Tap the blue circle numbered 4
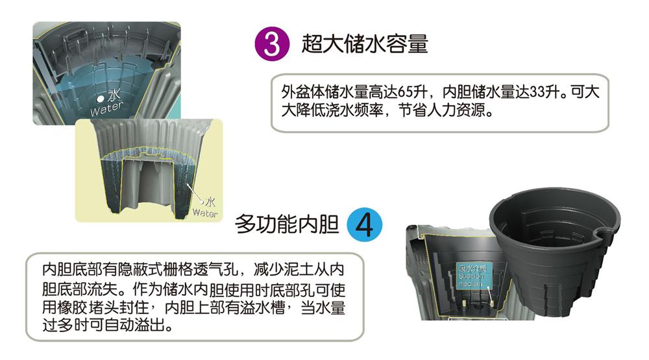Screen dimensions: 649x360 coord(365,224)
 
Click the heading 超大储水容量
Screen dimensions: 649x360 coord(365,44)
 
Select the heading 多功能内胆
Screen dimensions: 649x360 coord(287,224)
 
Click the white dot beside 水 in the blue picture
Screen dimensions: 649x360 coord(100,99)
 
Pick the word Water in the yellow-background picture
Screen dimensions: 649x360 coord(205,213)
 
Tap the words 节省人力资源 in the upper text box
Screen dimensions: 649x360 coord(441,110)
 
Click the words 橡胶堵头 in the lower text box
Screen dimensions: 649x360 coord(88,307)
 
